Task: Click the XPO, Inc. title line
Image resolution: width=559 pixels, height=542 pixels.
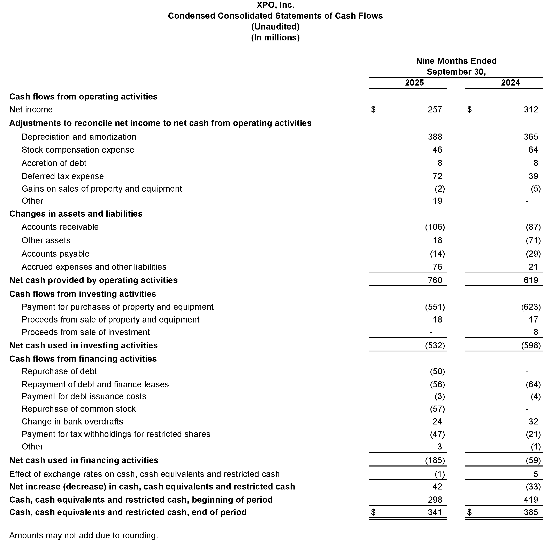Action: pyautogui.click(x=275, y=5)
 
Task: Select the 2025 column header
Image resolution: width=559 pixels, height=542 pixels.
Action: pyautogui.click(x=414, y=83)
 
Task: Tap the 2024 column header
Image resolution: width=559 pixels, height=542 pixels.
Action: pyautogui.click(x=510, y=83)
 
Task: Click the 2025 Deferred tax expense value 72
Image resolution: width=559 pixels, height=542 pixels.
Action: pyautogui.click(x=437, y=176)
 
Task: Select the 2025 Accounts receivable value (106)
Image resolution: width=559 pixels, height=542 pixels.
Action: pyautogui.click(x=435, y=227)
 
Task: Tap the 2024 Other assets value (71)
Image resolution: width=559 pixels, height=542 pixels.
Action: pyautogui.click(x=533, y=240)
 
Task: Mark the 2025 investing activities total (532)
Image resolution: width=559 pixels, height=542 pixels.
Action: pyautogui.click(x=435, y=345)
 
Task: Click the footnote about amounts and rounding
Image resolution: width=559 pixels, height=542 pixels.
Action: pyautogui.click(x=83, y=535)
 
